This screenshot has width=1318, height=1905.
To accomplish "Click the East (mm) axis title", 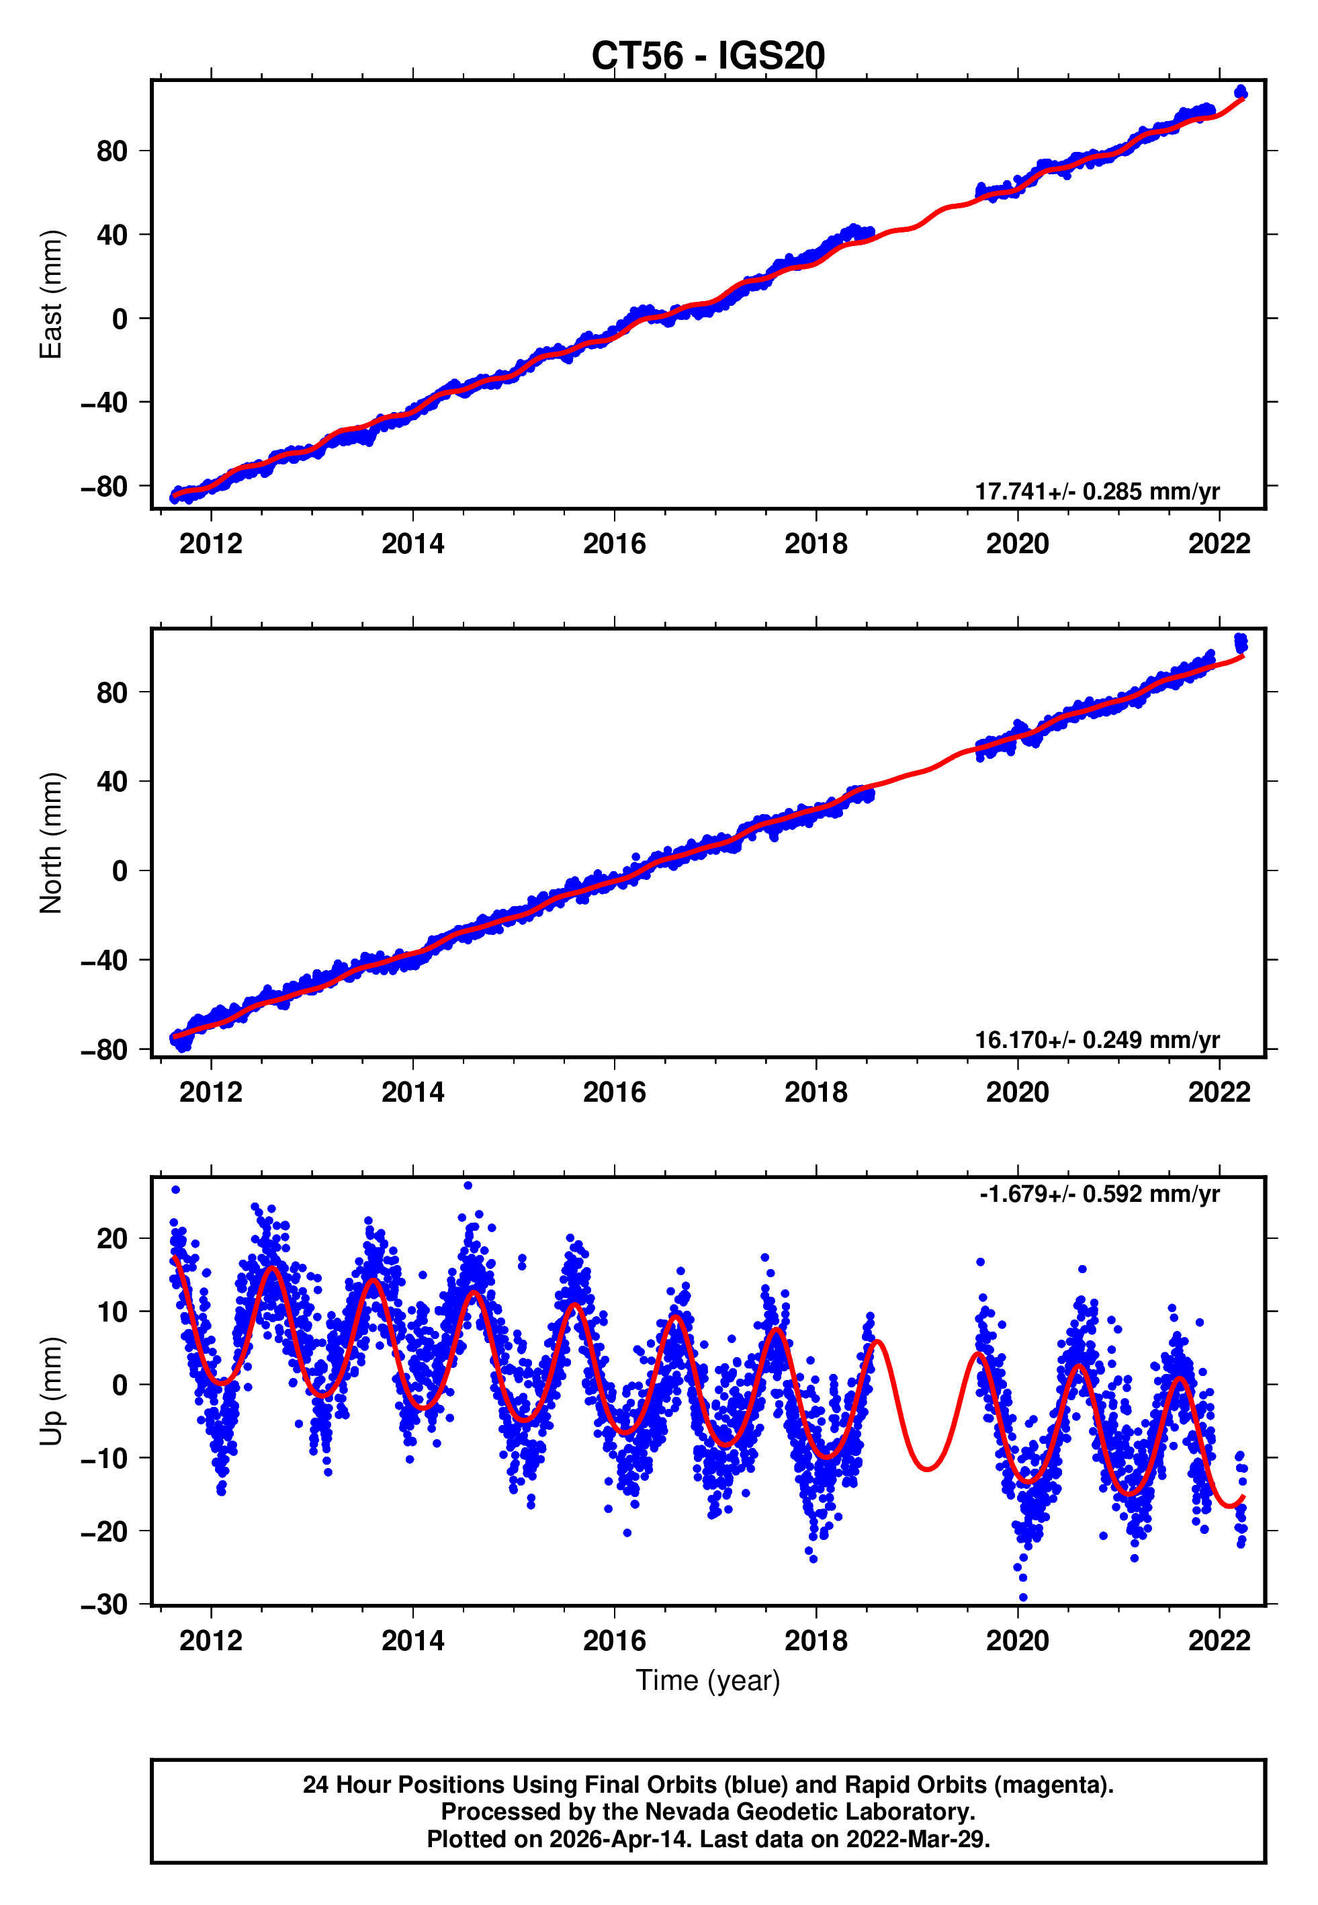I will pos(51,294).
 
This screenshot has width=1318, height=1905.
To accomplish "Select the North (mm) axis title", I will pos(51,843).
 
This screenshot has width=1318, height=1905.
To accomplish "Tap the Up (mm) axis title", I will pos(51,1391).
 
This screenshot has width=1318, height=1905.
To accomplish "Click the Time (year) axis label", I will pos(708,1680).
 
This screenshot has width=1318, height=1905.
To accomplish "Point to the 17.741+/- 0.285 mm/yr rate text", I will pos(1097,491).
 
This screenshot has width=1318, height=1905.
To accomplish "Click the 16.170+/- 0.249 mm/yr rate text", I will pos(1097,1040).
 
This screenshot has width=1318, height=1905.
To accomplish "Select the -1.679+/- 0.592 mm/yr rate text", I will pos(1099,1194).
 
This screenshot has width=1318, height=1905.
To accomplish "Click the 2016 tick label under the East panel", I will pos(615,544).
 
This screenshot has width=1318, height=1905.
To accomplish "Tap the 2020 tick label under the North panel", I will pos(1018,1093).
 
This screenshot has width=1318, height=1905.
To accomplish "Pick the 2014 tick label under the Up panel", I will pos(413,1641).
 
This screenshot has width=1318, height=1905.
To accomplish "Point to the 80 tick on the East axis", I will pos(112,151).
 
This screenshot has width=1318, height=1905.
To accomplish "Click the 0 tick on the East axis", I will pos(120,319).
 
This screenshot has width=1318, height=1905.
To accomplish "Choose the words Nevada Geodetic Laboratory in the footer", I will pos(809,1812).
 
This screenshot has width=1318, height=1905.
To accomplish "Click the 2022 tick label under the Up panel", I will pos(1219,1641).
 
